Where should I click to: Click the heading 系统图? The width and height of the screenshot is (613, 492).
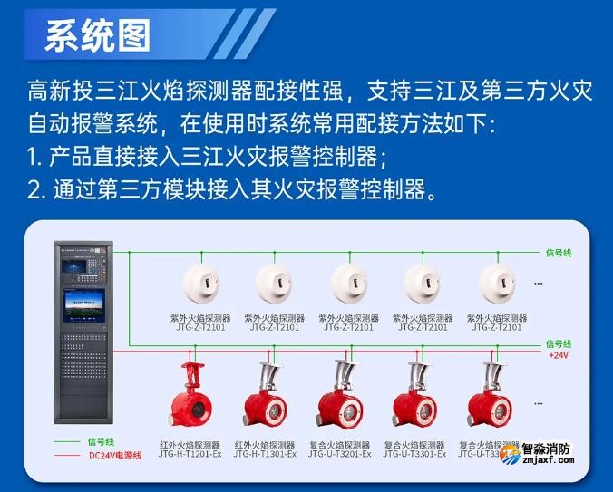[x=97, y=36]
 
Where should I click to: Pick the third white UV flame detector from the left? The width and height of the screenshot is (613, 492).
[x=350, y=285]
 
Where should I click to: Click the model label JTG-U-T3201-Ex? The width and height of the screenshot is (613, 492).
[x=339, y=454]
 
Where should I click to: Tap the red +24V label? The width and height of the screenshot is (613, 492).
[x=559, y=355]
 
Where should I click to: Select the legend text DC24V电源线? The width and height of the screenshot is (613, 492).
[x=115, y=455]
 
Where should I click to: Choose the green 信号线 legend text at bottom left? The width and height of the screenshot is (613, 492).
[x=101, y=441]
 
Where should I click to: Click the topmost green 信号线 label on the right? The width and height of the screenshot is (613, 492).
[x=559, y=253]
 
